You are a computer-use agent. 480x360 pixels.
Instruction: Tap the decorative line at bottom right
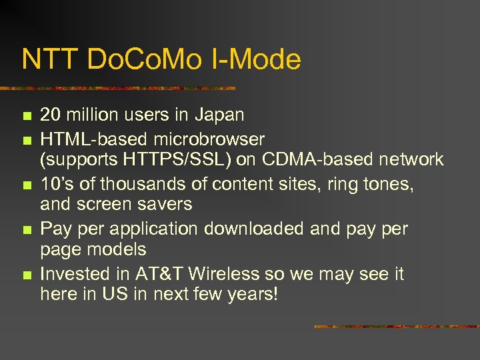pos(396,327)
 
